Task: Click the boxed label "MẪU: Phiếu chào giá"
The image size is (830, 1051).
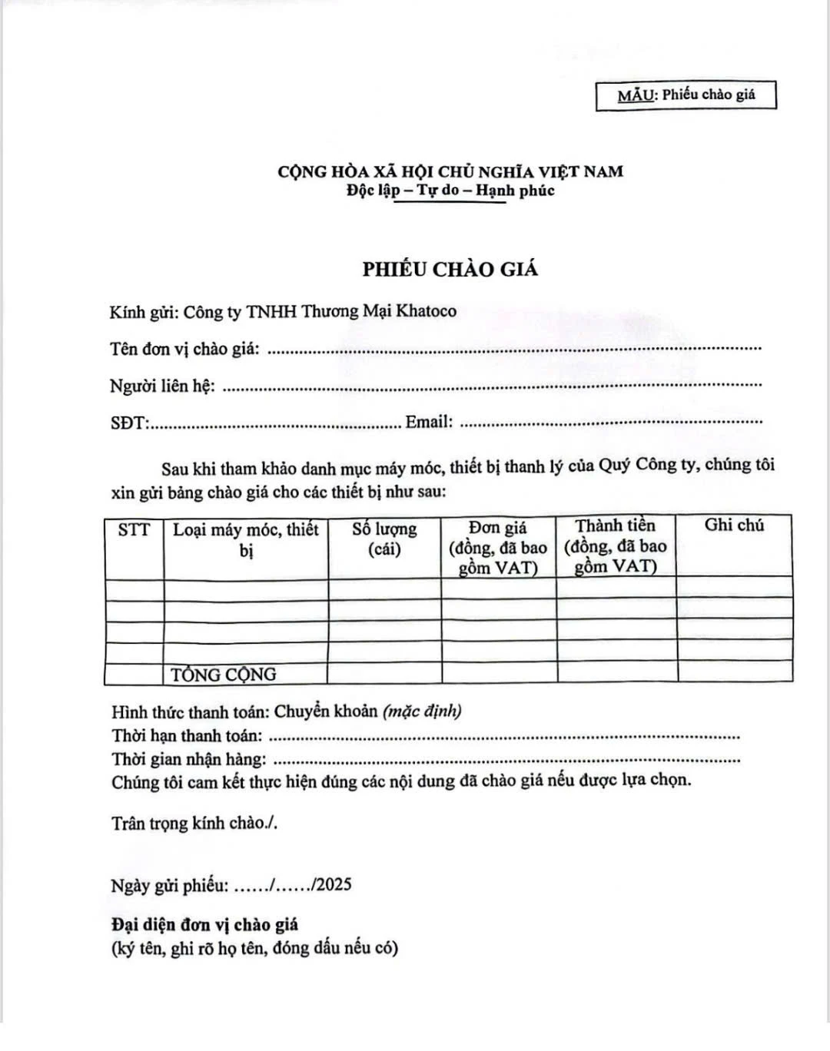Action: [686, 95]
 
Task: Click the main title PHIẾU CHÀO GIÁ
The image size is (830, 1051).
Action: [450, 269]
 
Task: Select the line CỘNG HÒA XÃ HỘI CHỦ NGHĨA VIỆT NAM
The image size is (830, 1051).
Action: [450, 171]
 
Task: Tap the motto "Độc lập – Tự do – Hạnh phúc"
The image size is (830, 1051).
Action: [450, 190]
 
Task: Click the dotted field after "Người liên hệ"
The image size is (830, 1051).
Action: [492, 386]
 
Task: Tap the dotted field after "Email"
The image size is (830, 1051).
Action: [611, 422]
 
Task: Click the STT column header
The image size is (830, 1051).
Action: [134, 529]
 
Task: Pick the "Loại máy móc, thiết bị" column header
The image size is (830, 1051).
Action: [246, 539]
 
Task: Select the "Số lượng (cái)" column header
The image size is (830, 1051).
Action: [384, 539]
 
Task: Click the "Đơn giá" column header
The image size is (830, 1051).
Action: [498, 547]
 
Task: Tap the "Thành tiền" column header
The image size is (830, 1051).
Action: [616, 546]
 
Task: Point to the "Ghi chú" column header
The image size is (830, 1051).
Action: [734, 525]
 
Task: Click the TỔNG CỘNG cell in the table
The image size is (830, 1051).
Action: [224, 675]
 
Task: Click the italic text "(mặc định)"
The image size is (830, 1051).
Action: [422, 711]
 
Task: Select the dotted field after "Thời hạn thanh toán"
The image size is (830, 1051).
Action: [505, 736]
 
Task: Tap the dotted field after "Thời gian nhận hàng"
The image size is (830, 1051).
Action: [507, 760]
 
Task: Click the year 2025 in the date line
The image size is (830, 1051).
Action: [334, 884]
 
